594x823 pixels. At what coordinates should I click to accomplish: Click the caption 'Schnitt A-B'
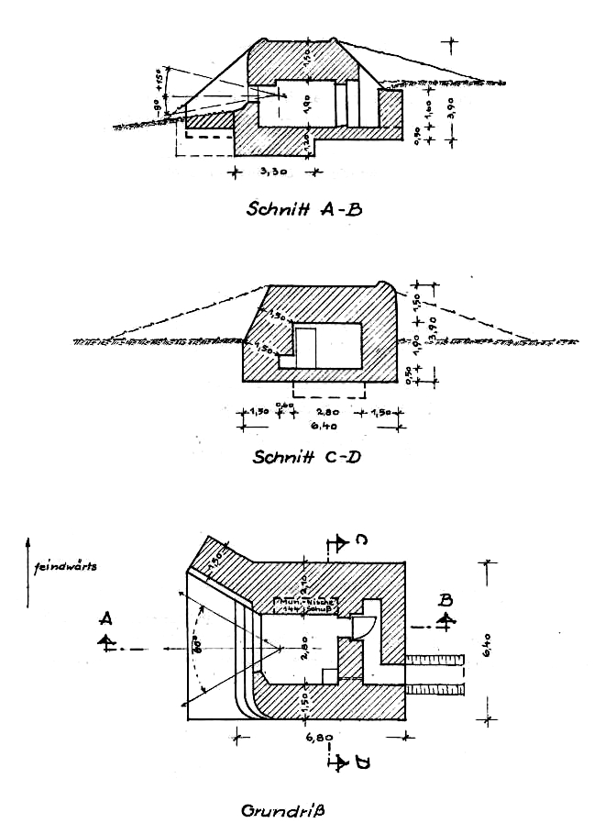(x=304, y=208)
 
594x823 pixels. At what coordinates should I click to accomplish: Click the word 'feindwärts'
(x=64, y=566)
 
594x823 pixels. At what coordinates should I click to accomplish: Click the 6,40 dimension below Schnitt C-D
(x=323, y=425)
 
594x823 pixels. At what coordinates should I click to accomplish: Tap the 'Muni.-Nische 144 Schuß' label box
(x=307, y=606)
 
